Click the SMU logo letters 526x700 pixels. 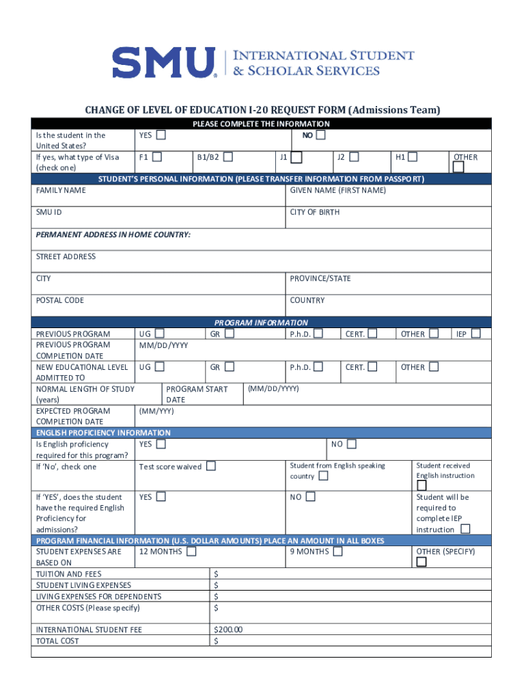[163, 62]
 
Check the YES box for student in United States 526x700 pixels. [161, 135]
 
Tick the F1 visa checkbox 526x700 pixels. [157, 157]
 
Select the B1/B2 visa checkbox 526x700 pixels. [228, 157]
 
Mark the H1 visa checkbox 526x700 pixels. [413, 157]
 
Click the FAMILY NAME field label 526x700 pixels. [61, 190]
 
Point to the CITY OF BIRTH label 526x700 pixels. [314, 212]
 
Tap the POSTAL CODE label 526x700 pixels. [60, 300]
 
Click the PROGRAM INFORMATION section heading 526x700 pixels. [261, 323]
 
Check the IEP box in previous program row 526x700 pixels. [476, 334]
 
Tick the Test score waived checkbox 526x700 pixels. [211, 466]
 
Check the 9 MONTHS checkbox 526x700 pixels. [337, 552]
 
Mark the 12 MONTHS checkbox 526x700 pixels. [191, 552]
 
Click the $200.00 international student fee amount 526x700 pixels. [228, 630]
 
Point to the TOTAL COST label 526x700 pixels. [57, 641]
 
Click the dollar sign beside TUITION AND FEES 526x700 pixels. [217, 574]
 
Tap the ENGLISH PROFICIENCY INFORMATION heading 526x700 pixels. [103, 433]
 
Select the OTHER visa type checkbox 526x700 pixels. [458, 167]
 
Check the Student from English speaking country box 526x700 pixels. [323, 476]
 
